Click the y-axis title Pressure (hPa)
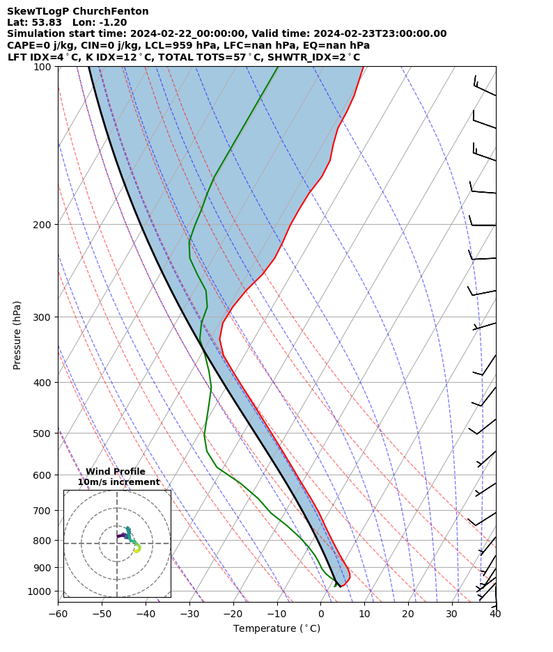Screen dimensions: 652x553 17,335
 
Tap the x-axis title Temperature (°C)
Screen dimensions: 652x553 276,629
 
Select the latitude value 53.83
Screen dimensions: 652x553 48,22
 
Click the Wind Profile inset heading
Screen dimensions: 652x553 116,472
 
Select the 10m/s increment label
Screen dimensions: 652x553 118,482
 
